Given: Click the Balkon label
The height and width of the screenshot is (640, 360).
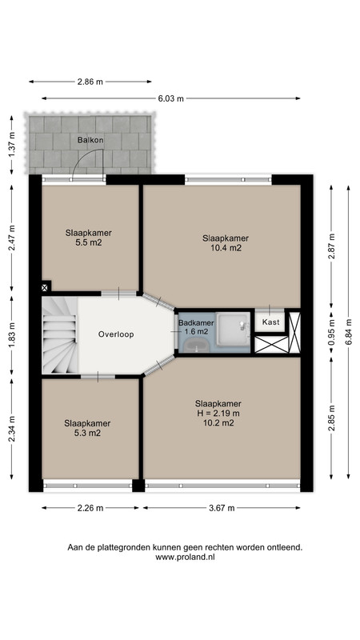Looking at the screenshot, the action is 90,140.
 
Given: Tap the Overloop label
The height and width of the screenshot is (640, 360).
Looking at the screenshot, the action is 116,334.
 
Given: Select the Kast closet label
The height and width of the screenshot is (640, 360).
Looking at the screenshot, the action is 271,322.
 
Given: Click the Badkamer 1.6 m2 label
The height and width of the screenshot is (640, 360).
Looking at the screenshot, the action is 196,327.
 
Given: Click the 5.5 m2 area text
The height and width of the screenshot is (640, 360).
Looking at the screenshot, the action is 89,243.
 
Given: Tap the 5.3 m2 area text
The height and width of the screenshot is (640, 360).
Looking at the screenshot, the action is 87,433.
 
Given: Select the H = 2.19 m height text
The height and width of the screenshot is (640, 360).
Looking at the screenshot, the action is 218,413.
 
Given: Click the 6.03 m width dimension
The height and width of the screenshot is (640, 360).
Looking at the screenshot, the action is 170,98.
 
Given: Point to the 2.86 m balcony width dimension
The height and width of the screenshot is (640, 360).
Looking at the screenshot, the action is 90,82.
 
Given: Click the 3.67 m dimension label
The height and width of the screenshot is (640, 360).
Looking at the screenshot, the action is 222,508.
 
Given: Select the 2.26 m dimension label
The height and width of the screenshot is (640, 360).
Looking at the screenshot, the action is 90,508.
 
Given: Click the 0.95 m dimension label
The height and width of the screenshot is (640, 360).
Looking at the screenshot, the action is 331,332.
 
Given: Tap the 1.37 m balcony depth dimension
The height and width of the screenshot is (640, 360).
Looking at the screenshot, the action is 12,145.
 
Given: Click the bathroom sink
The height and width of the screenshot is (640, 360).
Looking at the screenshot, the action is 196,346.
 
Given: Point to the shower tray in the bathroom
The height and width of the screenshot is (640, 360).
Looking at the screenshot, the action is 233,329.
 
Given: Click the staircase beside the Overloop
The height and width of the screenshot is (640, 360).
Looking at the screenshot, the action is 59,334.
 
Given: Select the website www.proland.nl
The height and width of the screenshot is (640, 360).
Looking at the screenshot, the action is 185,557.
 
